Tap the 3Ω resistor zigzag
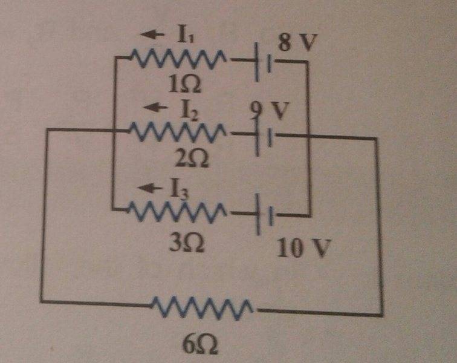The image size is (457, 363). tap(178, 211)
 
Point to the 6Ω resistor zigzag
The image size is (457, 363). tap(204, 307)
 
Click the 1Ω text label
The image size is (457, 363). tap(181, 85)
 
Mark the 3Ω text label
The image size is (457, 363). tap(186, 243)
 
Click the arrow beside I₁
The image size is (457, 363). tap(157, 35)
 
